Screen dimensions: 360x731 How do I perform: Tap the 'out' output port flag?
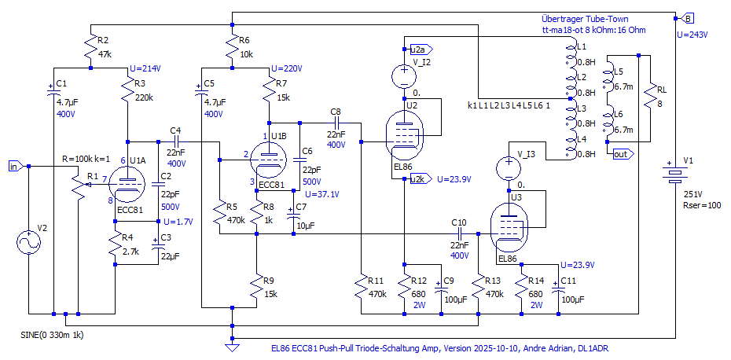[621, 154]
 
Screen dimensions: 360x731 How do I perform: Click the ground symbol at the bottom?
[232, 343]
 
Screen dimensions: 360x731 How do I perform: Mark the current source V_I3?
[509, 168]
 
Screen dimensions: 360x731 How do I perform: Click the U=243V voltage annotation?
[692, 35]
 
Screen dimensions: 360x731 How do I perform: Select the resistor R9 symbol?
[256, 290]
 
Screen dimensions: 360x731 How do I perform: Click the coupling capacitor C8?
[336, 123]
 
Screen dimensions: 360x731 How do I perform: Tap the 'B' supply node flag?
[688, 17]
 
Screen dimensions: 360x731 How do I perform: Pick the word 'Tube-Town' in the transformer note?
[607, 19]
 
